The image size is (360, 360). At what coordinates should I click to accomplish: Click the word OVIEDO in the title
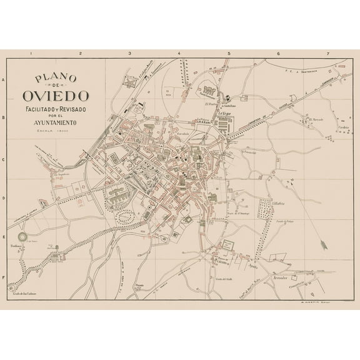pyautogui.click(x=56, y=97)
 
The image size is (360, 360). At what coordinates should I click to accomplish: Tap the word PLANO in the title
pyautogui.click(x=56, y=79)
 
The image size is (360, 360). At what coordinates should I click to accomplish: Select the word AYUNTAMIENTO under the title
pyautogui.click(x=56, y=122)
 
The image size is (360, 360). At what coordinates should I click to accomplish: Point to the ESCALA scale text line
pyautogui.click(x=56, y=131)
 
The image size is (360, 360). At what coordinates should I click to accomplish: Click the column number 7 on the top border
pyautogui.click(x=327, y=54)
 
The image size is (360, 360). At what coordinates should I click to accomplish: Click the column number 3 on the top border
pyautogui.click(x=129, y=54)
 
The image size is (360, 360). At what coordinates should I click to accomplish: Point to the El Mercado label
pyautogui.click(x=319, y=119)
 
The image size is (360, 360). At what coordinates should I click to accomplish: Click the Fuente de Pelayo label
pyautogui.click(x=286, y=221)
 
